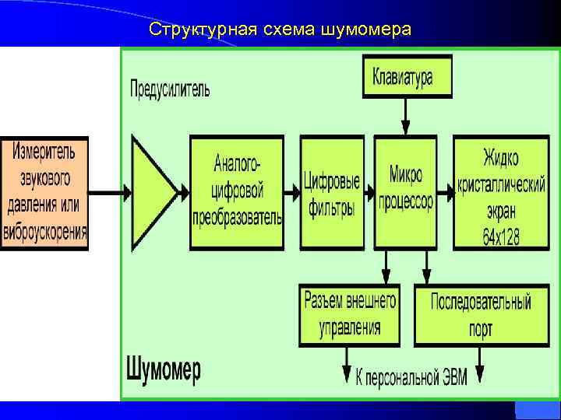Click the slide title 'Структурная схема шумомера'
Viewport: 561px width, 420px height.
click(280, 30)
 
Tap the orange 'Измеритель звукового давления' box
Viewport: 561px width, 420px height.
click(45, 192)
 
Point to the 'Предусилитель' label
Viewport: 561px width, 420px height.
click(169, 89)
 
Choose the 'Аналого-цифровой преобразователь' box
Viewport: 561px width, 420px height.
click(238, 192)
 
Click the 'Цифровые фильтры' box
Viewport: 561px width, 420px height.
click(331, 192)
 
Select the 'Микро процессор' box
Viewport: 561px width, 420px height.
click(405, 192)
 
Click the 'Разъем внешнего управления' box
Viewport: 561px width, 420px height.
click(349, 314)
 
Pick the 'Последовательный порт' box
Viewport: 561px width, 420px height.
click(481, 314)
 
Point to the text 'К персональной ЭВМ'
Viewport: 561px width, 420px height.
click(411, 379)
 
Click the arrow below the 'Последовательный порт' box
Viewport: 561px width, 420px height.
click(481, 364)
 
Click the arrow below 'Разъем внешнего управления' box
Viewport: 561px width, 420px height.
click(346, 364)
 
